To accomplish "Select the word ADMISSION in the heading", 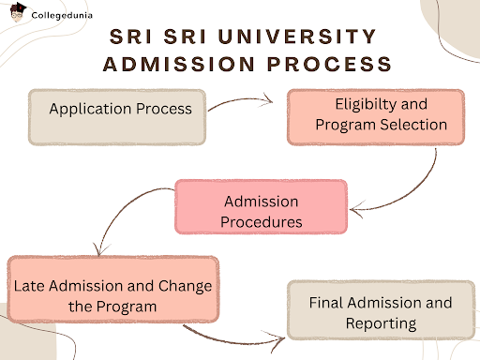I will click(184, 64).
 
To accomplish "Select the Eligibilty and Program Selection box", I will click(375, 115).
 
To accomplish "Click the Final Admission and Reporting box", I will click(380, 312).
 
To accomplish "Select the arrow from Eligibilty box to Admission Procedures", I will click(412, 183).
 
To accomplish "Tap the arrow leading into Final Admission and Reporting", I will click(234, 337).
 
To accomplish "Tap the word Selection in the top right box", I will click(411, 126).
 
